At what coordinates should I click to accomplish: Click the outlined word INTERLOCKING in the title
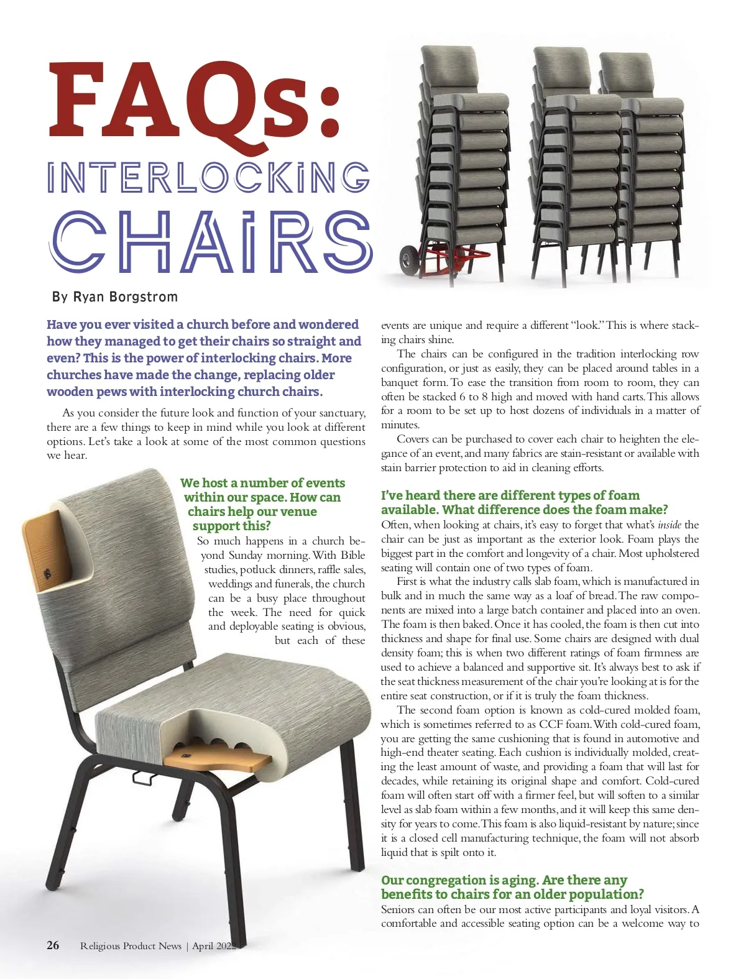[x=208, y=177]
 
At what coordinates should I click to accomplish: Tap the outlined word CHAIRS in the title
[x=211, y=242]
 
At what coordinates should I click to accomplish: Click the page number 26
[x=53, y=945]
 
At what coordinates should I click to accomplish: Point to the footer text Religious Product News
[x=131, y=946]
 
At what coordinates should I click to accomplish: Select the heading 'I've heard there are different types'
[x=510, y=495]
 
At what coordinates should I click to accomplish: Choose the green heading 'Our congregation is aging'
[x=504, y=880]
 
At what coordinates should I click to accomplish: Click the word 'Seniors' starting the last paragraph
[x=398, y=909]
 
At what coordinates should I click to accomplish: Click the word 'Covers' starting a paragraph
[x=413, y=439]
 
